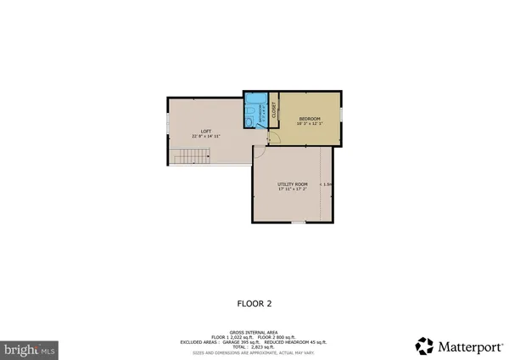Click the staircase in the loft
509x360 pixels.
pos(189,156)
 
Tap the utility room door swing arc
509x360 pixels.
pos(260,151)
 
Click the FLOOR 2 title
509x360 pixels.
pos(254,302)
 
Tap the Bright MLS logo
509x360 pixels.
pos(29,349)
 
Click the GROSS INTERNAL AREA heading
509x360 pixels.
pos(255,332)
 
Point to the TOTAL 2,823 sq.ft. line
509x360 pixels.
pos(255,347)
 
